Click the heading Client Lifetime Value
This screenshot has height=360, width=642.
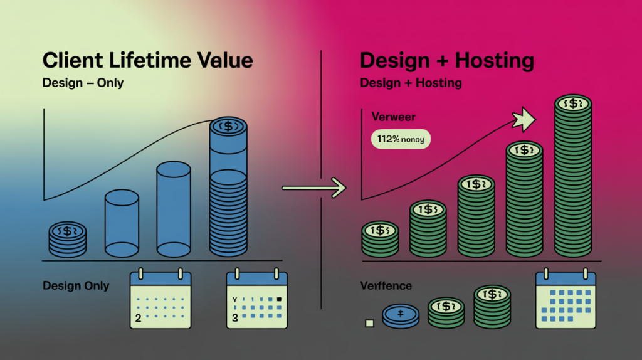coord(147,61)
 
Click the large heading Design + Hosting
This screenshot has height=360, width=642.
coord(447,61)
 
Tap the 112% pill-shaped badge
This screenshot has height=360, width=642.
coord(401,139)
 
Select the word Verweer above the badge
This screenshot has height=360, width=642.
coord(393,117)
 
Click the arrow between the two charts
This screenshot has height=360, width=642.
coord(313,186)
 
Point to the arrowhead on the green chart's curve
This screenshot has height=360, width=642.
coord(523,119)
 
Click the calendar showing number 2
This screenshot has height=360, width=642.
coord(159,299)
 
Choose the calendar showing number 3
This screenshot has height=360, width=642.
coord(256,299)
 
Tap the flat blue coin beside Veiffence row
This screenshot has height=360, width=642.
coord(400,315)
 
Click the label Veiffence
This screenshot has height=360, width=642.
coord(386,286)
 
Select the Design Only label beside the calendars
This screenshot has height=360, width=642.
coord(76,286)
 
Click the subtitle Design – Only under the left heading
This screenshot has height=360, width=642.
coord(83,83)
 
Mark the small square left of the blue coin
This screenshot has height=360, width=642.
coord(369,323)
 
